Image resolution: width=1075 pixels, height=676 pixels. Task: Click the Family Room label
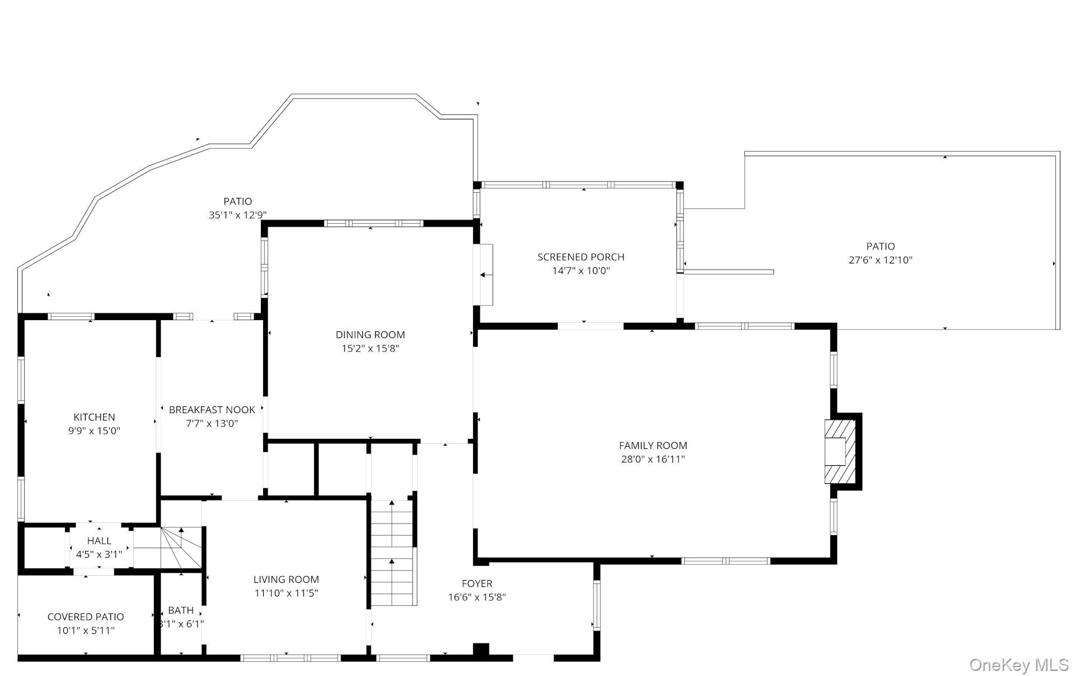(653, 446)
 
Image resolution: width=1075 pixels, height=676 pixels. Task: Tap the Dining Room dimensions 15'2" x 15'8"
(370, 349)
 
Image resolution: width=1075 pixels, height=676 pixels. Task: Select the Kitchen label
(94, 417)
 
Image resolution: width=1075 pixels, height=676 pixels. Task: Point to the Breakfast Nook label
(212, 410)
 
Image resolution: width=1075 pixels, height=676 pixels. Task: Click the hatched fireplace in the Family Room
(840, 452)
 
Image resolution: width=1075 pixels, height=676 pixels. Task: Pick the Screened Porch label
(581, 257)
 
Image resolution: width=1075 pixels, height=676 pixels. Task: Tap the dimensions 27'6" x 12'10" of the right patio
(880, 260)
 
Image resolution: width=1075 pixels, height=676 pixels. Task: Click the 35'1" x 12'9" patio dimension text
(237, 215)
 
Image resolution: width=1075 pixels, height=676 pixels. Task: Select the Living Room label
(286, 580)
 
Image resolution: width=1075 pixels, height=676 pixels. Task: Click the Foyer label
(477, 584)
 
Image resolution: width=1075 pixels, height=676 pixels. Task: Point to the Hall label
(99, 541)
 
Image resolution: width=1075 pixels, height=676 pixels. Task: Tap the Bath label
(180, 610)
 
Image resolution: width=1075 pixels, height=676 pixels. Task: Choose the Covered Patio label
(86, 617)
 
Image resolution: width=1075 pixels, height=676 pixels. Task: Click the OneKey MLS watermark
(1018, 665)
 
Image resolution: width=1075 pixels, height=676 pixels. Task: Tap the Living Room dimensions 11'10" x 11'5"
(286, 593)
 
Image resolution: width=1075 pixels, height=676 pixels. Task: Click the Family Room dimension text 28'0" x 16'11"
(653, 460)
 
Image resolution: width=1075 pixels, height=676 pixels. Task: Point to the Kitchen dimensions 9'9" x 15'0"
(94, 431)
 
